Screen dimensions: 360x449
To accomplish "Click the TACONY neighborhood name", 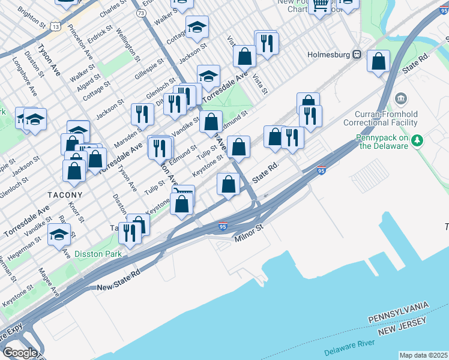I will (x=65, y=195).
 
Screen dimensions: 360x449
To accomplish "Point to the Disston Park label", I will (x=98, y=254).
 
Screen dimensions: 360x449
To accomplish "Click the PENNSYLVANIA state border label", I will (x=399, y=311).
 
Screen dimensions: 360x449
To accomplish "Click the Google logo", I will (x=20, y=353).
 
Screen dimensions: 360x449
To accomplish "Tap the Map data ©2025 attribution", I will (x=424, y=355).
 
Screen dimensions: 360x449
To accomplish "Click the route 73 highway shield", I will (x=140, y=12).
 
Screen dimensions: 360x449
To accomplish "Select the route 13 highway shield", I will (x=55, y=26).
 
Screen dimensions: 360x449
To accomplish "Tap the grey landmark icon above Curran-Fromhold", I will (x=400, y=98).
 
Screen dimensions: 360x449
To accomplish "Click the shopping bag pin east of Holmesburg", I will (x=378, y=61).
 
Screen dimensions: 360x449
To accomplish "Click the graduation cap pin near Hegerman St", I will (x=59, y=235).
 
